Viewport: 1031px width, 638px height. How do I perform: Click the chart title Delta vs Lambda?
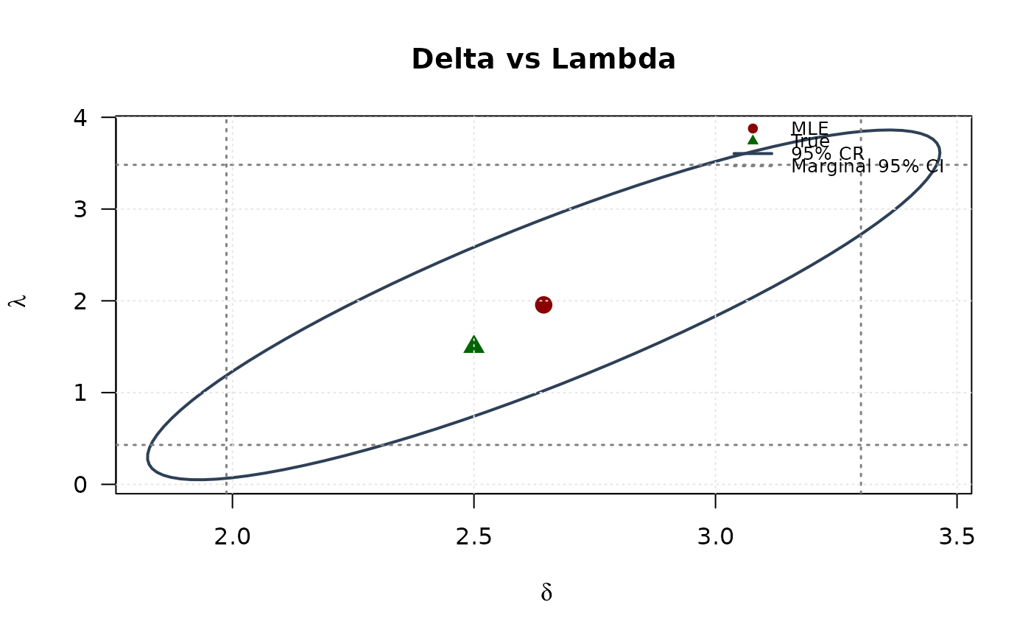coord(543,60)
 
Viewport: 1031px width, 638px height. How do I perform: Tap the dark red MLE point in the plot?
coord(543,304)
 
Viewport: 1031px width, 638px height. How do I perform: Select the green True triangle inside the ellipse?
coord(474,345)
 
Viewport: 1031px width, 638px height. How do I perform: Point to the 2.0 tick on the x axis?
coord(233,537)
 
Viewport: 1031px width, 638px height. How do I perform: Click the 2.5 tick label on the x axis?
coord(474,537)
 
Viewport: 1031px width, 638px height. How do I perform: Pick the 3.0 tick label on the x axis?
coord(715,537)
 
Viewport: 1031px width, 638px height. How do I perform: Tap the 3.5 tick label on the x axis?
coord(957,537)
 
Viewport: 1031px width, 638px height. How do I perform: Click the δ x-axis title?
coord(546,593)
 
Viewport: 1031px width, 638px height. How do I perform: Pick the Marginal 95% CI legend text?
coord(867,166)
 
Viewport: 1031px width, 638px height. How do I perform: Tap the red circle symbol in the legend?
coord(753,128)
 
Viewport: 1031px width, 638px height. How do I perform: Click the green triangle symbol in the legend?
coord(753,140)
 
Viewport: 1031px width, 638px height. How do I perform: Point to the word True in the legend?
coord(811,141)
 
